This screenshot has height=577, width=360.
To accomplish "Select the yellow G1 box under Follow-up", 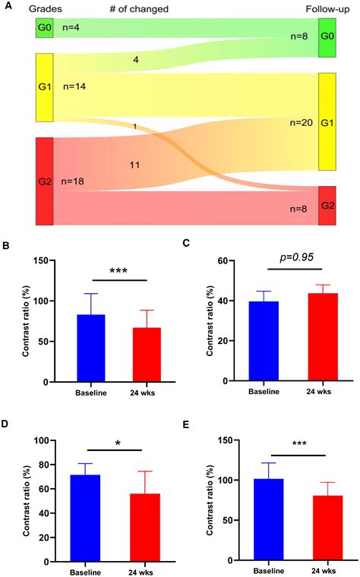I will (327, 121).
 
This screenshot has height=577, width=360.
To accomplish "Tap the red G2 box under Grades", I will (45, 181).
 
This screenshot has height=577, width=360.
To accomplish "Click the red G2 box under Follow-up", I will (327, 205).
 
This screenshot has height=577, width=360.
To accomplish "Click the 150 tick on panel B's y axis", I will (41, 260).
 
